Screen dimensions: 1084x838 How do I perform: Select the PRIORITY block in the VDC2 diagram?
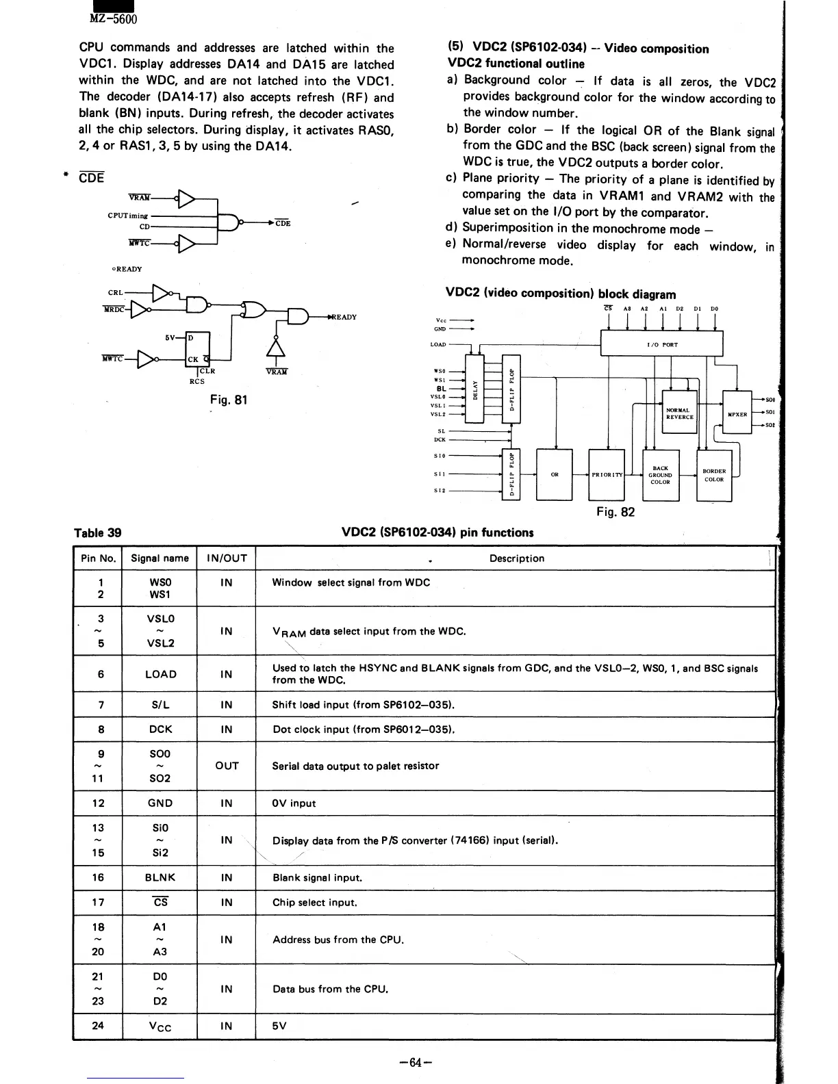pyautogui.click(x=607, y=475)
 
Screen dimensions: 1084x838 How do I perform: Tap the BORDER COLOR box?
pyautogui.click(x=714, y=475)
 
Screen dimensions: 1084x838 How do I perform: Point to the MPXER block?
pyautogui.click(x=737, y=414)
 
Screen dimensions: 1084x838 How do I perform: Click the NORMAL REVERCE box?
pyautogui.click(x=679, y=413)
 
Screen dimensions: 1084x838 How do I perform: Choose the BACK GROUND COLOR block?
pyautogui.click(x=660, y=475)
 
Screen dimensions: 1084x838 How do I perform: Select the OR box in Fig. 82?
pyautogui.click(x=555, y=475)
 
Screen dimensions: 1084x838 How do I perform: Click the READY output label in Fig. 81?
pyautogui.click(x=344, y=317)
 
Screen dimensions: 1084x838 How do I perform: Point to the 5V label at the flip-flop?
pyautogui.click(x=172, y=337)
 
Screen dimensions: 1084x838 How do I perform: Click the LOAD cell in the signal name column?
pyautogui.click(x=161, y=674)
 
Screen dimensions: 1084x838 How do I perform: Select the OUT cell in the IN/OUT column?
pyautogui.click(x=227, y=766)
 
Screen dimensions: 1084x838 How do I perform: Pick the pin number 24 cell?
pyautogui.click(x=98, y=1025)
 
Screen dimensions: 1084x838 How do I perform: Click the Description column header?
pyautogui.click(x=516, y=558)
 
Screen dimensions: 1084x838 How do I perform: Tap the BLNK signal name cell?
pyautogui.click(x=161, y=877)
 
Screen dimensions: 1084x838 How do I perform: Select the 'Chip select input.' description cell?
pyautogui.click(x=315, y=902)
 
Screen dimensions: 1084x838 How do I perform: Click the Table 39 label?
pyautogui.click(x=97, y=532)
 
